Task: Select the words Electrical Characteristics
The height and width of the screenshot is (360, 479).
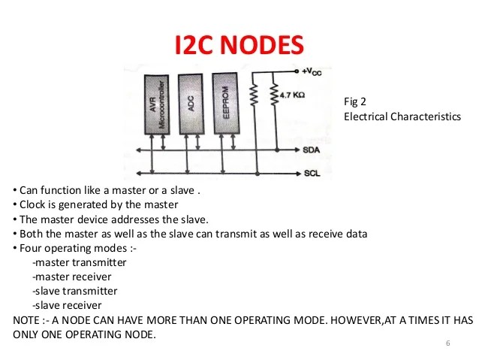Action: (402, 116)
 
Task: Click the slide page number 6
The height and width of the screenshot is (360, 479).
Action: (447, 343)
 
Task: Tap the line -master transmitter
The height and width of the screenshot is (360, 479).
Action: (80, 262)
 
